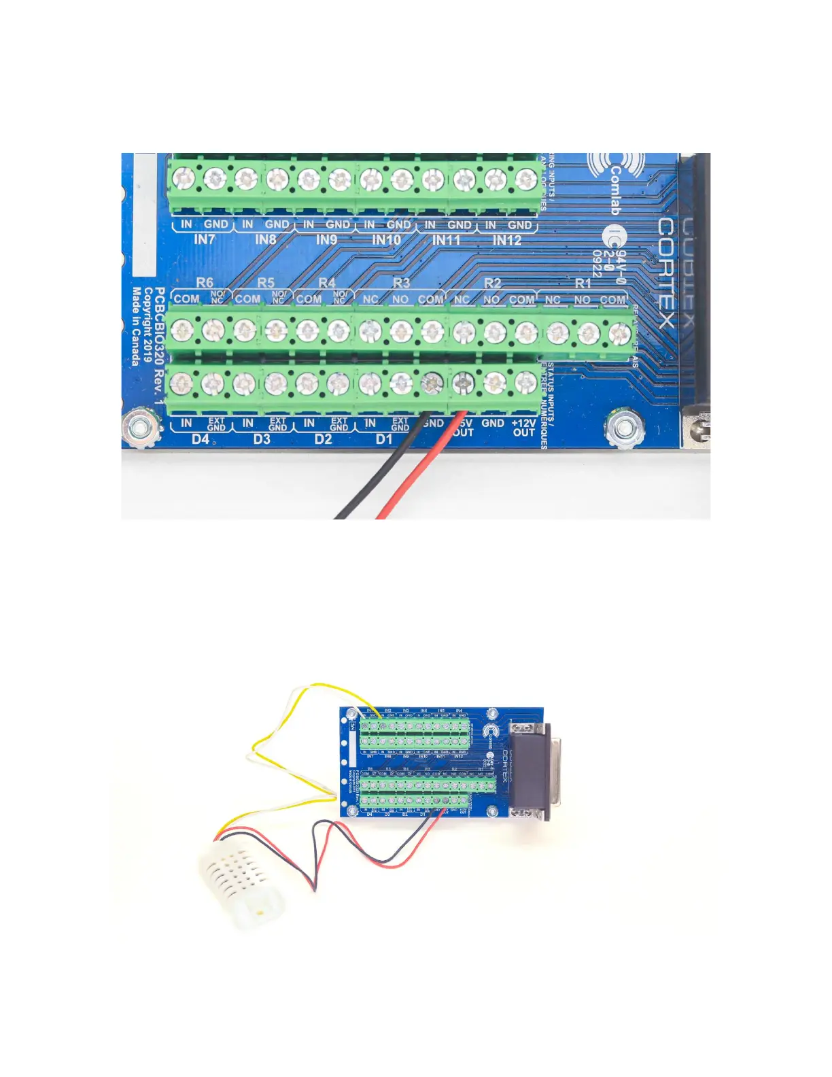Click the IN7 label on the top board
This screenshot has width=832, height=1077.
204,239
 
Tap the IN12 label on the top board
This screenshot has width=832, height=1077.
506,239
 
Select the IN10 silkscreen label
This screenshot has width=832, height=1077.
386,239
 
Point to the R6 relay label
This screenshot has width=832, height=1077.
204,282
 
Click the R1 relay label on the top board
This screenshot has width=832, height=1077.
583,283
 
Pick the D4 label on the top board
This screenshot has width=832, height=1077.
200,439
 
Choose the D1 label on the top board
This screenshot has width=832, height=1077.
384,439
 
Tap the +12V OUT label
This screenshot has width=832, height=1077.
523,428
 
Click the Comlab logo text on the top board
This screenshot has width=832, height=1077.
614,190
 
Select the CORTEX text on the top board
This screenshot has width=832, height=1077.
666,272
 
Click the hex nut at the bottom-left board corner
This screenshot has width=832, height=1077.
141,428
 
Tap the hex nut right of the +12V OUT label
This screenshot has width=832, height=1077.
622,428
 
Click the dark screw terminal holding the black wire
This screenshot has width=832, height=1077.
430,384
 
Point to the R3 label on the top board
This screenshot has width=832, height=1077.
401,283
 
